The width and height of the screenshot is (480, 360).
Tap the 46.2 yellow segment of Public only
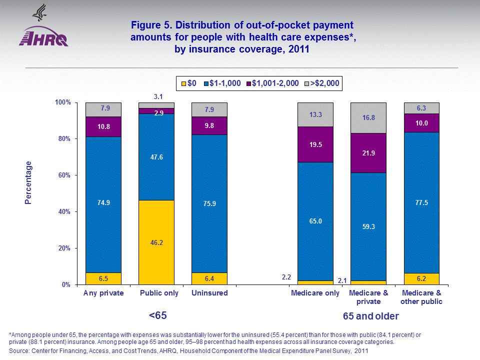click(x=156, y=242)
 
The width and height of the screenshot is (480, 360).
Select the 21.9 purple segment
click(x=368, y=152)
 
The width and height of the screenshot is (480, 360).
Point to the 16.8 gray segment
click(x=368, y=118)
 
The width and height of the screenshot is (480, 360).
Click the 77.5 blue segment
click(x=421, y=202)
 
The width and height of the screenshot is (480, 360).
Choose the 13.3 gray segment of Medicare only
click(x=315, y=114)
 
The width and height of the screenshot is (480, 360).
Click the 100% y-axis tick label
click(x=63, y=102)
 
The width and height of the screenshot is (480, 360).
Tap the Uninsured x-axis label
click(x=209, y=293)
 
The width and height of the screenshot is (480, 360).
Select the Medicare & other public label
click(x=421, y=297)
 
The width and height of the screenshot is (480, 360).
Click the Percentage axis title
click(x=28, y=182)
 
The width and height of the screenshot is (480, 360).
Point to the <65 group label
click(x=157, y=316)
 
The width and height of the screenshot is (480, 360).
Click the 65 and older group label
click(x=370, y=316)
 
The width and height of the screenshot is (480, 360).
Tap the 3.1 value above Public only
click(x=156, y=96)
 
